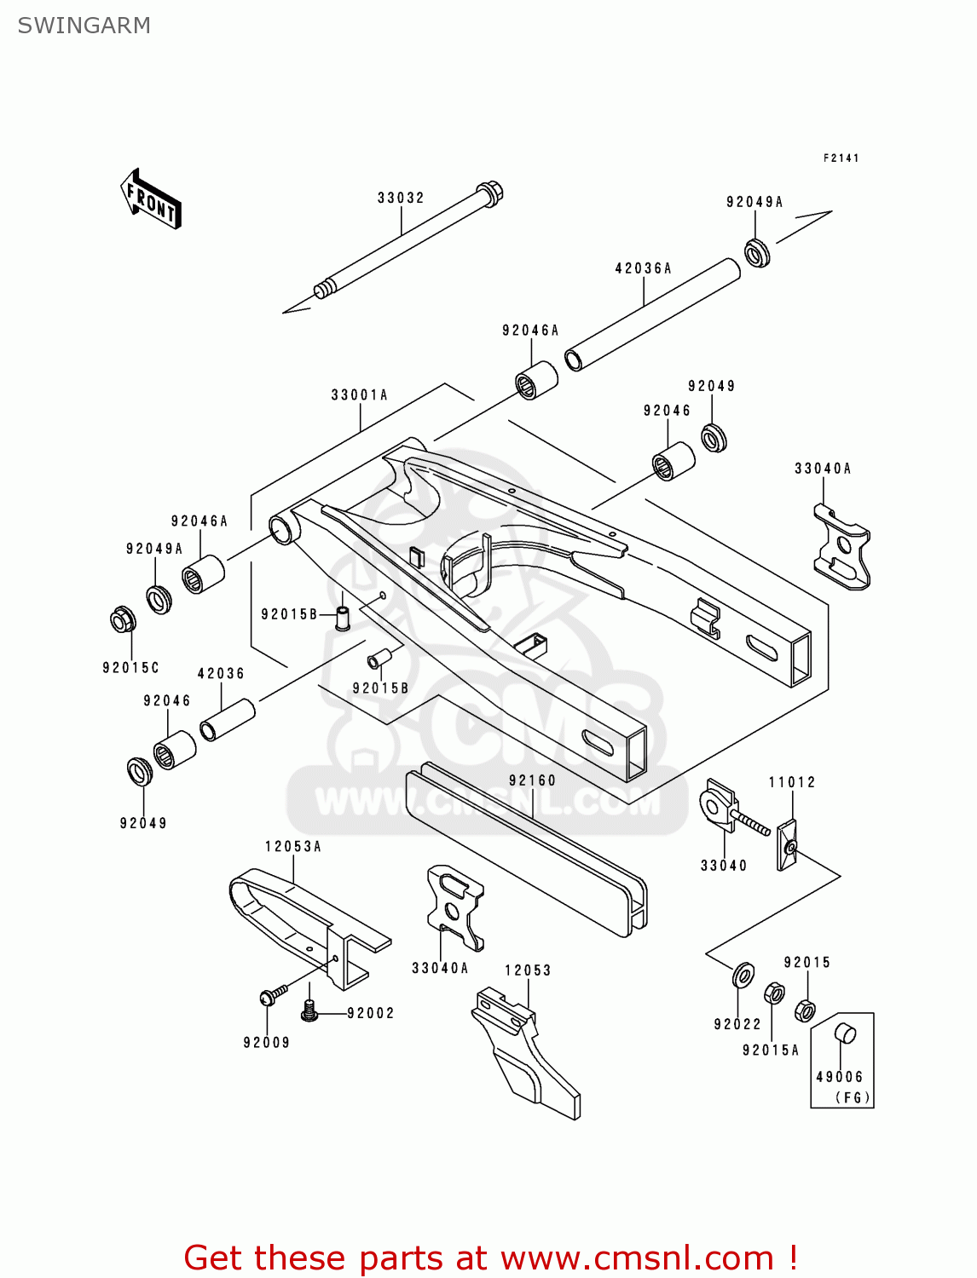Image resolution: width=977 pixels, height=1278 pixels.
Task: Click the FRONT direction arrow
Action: tap(151, 199)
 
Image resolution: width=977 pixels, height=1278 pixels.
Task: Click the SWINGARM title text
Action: tap(84, 26)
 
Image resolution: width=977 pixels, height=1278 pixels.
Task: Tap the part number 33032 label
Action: tap(401, 198)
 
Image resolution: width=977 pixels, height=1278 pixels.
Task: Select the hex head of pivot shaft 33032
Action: tap(489, 193)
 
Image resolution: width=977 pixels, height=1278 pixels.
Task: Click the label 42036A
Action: tap(643, 268)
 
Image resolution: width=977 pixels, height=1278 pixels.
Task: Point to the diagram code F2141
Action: tap(841, 158)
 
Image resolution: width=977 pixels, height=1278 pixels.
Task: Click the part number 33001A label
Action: tap(359, 395)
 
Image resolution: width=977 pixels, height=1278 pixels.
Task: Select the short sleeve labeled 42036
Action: tap(228, 720)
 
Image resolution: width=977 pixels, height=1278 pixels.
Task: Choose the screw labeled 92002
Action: tap(309, 1011)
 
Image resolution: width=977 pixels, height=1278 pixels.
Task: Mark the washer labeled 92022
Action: tap(743, 974)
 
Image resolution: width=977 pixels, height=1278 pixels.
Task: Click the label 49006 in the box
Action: tap(839, 1077)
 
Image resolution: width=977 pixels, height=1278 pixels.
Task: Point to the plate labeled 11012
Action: tap(787, 845)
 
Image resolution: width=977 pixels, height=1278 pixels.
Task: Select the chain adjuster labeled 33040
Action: tap(718, 806)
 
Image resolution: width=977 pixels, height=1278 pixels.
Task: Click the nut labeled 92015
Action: tap(804, 1010)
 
